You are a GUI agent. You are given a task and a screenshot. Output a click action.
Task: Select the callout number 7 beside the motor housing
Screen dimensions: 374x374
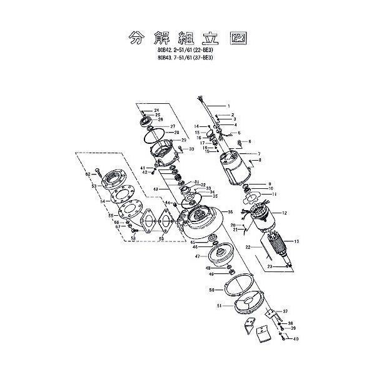258,153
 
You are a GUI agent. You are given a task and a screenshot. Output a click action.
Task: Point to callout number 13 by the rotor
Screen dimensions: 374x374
296,241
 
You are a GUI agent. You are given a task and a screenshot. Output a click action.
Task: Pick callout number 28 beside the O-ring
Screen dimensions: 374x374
176,133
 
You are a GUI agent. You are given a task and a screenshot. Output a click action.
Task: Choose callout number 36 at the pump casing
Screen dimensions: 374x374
230,211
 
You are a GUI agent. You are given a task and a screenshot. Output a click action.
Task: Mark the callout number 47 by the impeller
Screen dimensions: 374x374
196,256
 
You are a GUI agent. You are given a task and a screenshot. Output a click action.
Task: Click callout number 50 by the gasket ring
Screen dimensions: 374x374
211,290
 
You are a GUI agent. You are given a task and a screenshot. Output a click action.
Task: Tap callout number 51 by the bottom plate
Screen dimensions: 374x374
219,306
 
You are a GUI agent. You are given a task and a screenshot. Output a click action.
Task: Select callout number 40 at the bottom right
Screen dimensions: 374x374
296,338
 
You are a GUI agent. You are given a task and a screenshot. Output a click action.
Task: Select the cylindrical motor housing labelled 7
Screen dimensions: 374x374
235,164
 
